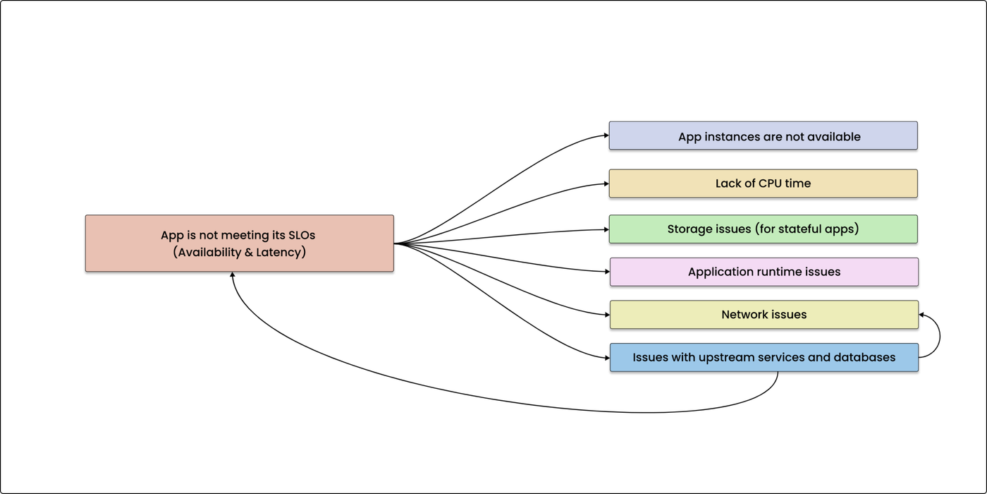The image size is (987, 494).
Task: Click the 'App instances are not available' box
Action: point(763,135)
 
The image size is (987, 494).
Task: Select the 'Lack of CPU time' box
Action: point(763,183)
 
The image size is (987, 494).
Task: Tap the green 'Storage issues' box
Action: point(763,229)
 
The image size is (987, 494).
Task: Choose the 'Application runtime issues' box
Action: point(764,272)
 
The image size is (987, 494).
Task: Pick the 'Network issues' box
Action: point(764,315)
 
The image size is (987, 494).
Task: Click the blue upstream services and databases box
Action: point(764,358)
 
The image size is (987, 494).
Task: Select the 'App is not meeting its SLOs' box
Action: point(239,243)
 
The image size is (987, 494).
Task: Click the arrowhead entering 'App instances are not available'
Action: point(606,135)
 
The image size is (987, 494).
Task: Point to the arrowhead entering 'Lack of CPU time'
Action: point(606,183)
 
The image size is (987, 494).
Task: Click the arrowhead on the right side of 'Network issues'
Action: point(922,315)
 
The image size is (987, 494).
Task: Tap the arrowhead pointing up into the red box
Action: point(232,275)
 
